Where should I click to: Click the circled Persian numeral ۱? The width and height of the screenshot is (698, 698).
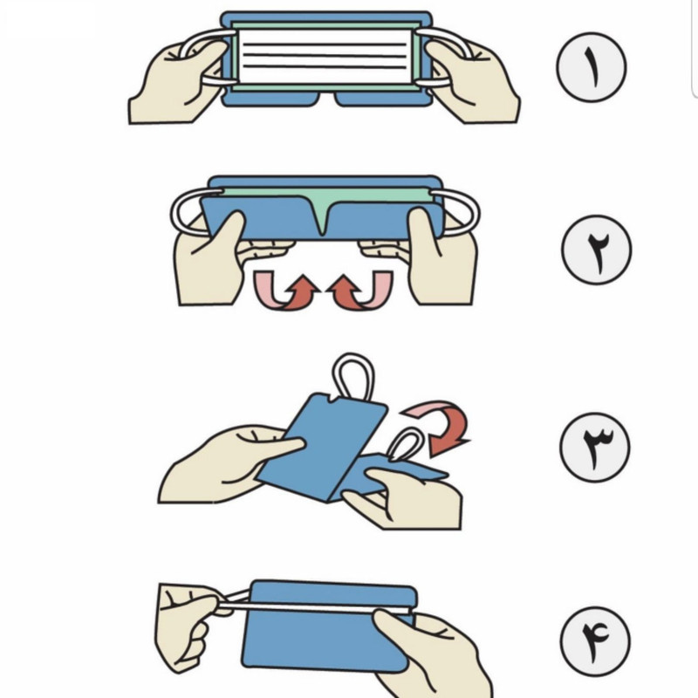[x=592, y=67]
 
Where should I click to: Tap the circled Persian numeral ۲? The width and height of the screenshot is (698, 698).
[x=597, y=250]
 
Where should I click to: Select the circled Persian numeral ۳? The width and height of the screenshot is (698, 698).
[x=595, y=447]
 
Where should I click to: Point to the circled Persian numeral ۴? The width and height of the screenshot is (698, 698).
[x=596, y=641]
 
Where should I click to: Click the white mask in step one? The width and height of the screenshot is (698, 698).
[x=324, y=57]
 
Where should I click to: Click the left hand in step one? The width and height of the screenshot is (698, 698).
[x=178, y=85]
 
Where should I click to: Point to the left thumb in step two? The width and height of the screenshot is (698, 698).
[x=230, y=231]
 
